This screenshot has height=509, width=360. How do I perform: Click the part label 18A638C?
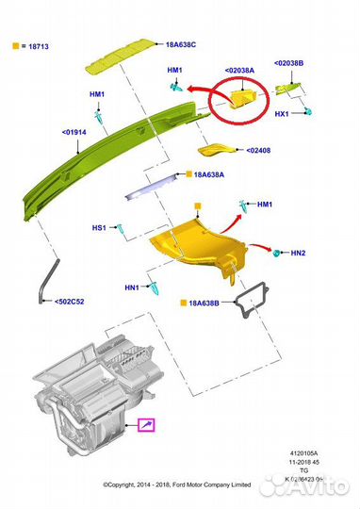tap(187, 43)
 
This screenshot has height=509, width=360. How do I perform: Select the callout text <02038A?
tap(242, 70)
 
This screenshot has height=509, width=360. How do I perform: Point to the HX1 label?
tap(281, 113)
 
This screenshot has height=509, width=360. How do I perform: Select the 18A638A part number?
tap(214, 174)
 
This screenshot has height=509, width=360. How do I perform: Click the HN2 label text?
tap(298, 253)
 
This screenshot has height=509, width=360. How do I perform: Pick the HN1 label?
tap(131, 287)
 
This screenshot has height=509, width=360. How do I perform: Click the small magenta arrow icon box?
tap(146, 427)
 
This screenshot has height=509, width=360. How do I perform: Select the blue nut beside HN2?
tap(275, 252)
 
